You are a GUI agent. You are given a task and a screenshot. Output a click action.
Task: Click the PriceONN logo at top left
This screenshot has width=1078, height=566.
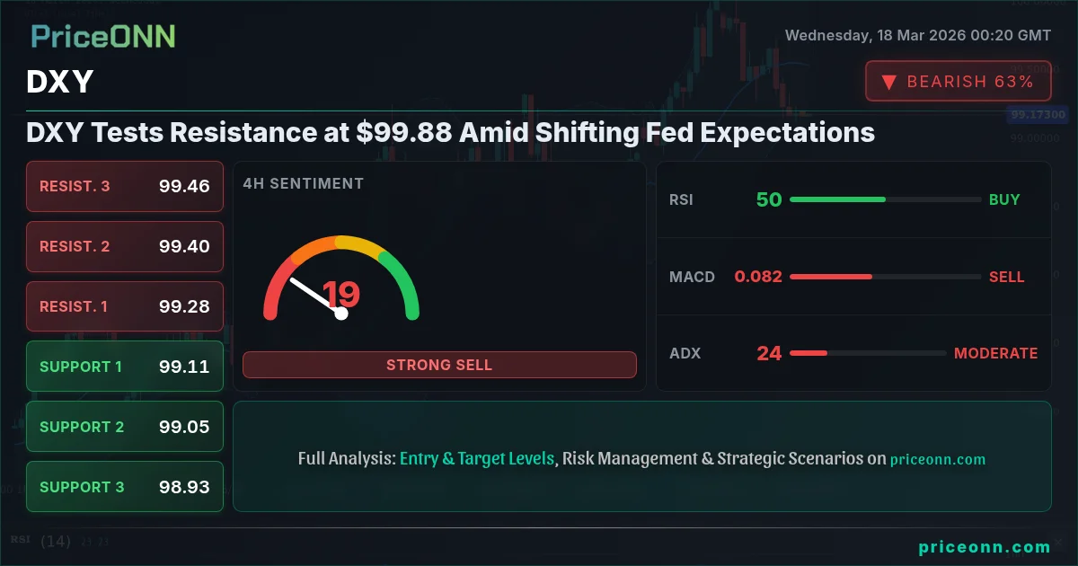point(103,36)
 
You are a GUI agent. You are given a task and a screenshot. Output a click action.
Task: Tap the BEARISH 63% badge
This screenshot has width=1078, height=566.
point(958,82)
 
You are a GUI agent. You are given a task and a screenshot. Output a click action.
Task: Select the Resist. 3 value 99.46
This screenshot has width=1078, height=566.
point(184,186)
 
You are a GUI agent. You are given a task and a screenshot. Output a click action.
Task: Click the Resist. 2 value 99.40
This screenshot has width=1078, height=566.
point(184,246)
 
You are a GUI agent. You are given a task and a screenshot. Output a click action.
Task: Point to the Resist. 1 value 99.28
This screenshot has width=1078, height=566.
point(184,306)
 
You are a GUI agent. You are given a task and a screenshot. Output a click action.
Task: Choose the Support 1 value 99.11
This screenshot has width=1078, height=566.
point(184,367)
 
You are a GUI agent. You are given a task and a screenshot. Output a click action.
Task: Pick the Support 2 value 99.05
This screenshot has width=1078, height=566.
point(184,427)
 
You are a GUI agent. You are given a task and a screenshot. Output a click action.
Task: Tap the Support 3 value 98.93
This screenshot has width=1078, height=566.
point(184,487)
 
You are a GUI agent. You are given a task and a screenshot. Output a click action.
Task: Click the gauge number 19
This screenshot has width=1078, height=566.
point(341,294)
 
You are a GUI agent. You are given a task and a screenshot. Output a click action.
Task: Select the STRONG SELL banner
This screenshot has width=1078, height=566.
point(439,365)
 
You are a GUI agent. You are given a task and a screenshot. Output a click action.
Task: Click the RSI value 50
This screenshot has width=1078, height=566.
point(769,199)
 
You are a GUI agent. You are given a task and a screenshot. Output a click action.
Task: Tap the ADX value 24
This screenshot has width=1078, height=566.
point(769,353)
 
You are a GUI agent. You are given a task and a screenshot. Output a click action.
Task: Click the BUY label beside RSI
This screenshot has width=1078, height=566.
point(1004,199)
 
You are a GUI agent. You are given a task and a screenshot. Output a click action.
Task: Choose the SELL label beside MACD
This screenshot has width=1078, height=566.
point(1006,277)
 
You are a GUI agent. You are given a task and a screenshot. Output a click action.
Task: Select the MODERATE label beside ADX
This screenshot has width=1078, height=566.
point(995,353)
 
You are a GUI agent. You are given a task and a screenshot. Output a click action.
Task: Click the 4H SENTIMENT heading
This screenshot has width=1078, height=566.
point(304,183)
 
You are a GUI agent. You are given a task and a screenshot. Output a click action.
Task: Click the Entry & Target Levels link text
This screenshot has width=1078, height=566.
point(477,458)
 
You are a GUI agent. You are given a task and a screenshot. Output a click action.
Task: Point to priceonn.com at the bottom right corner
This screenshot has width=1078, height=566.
point(985,546)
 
